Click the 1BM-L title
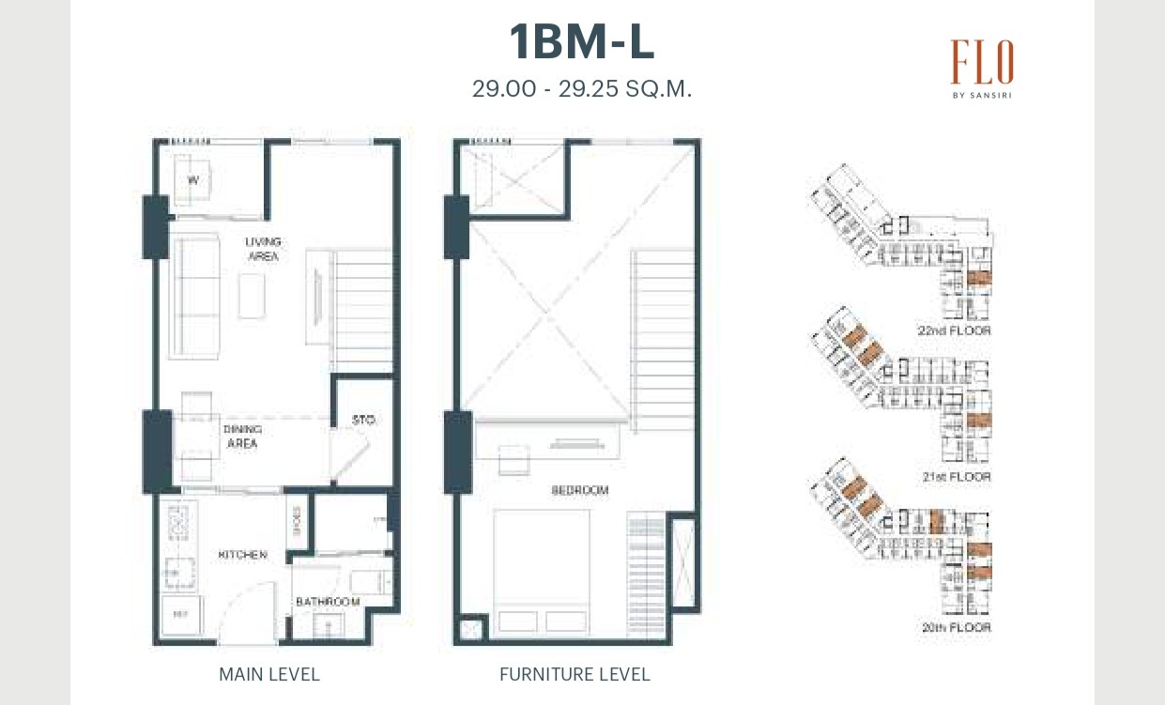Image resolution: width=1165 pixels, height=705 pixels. coord(581,43)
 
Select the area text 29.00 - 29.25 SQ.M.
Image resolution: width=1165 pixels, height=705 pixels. coord(581,90)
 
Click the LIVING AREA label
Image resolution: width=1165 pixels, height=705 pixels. coord(263,249)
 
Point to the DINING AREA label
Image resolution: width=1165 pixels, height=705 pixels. coord(241,437)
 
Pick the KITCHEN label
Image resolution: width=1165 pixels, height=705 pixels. coord(242,555)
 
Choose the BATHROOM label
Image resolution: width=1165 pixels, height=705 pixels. coord(328,602)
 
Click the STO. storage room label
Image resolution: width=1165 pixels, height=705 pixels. coord(364,421)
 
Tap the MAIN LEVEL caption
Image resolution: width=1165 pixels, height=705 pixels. coord(268,674)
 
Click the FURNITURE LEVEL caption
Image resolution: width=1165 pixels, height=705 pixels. coord(574,674)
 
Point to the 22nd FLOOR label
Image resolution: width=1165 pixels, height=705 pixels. coord(955,330)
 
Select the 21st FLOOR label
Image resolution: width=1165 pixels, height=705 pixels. coord(956,477)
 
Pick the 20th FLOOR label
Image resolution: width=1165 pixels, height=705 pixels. coord(956,626)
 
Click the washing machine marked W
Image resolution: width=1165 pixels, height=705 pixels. coord(193,178)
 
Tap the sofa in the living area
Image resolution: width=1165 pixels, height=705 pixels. coord(193,296)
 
